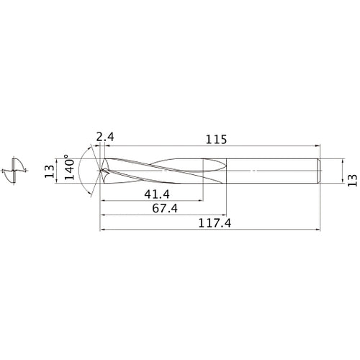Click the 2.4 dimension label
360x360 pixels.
[104, 134]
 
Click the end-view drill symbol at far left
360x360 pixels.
[14, 172]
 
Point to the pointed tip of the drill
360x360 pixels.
[101, 172]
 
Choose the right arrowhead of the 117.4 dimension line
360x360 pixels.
[318, 231]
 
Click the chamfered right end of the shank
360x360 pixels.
[318, 172]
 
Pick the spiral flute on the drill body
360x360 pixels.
[158, 173]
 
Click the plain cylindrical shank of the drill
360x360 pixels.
[270, 172]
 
